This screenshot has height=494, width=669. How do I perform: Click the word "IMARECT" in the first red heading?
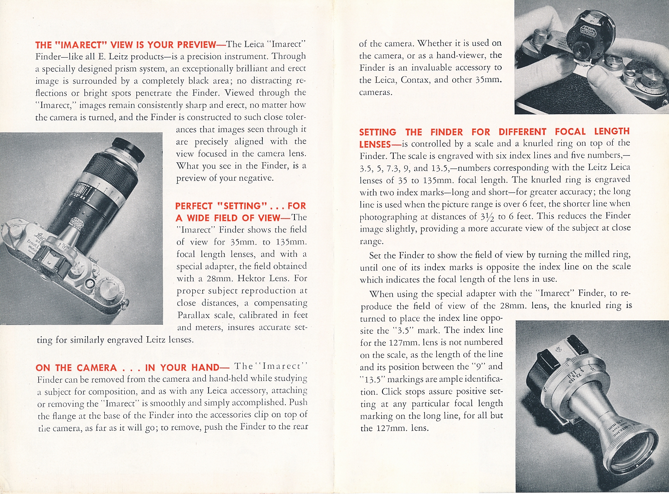click(80, 45)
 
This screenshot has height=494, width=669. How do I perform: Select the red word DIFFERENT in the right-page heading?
click(522, 132)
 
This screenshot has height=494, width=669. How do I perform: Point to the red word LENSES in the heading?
click(375, 144)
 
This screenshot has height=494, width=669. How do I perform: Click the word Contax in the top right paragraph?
click(415, 80)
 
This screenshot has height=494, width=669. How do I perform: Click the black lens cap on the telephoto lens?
click(128, 149)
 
